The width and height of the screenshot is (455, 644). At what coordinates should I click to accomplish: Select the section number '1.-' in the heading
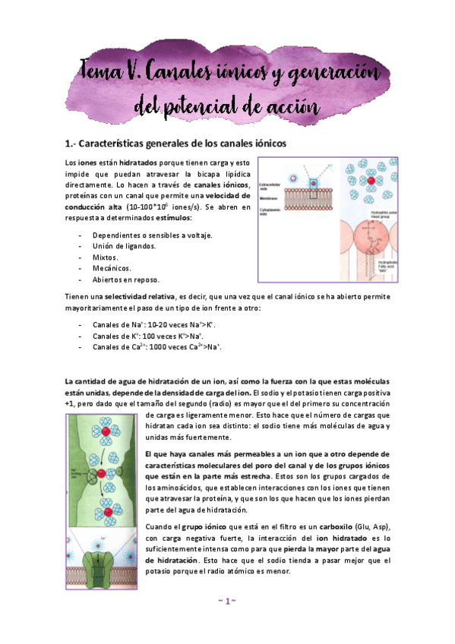[x=73, y=143]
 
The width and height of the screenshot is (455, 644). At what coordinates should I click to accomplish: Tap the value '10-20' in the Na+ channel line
[x=151, y=325]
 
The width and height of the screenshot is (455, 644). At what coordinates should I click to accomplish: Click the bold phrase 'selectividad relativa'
[x=139, y=295]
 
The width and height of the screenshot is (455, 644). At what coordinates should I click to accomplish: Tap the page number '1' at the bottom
[x=227, y=601]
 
